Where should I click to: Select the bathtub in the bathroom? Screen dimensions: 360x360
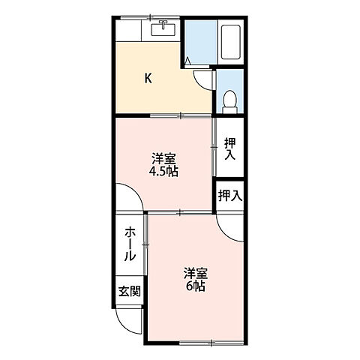229,43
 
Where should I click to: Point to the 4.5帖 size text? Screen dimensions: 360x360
163,171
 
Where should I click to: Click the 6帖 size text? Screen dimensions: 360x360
195,286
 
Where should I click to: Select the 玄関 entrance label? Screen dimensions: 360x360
128,291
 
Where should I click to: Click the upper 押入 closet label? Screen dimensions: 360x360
229,148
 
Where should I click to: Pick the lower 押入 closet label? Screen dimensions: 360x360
229,196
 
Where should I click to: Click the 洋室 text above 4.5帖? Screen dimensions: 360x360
163,158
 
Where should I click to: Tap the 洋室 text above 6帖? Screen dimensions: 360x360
195,273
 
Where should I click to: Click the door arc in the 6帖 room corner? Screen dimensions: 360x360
228,225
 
